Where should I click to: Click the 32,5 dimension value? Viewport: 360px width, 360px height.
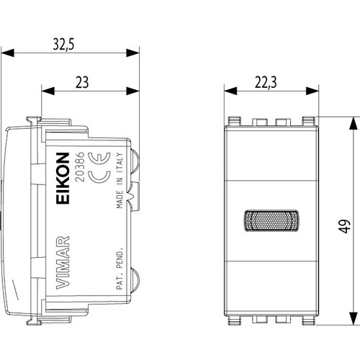pyautogui.click(x=63, y=45)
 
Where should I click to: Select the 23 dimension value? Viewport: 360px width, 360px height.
pyautogui.click(x=82, y=82)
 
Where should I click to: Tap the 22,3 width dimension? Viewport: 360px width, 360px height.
pyautogui.click(x=266, y=82)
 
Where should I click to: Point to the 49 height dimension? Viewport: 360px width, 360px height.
pyautogui.click(x=344, y=226)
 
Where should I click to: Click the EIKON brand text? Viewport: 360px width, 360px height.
pyautogui.click(x=63, y=179)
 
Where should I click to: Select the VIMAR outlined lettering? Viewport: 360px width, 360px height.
pyautogui.click(x=63, y=263)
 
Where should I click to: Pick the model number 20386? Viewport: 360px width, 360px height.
pyautogui.click(x=80, y=166)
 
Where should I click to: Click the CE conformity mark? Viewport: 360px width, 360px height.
pyautogui.click(x=99, y=168)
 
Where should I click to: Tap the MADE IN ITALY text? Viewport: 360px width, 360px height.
pyautogui.click(x=120, y=181)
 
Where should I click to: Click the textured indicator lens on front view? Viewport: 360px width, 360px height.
pyautogui.click(x=271, y=220)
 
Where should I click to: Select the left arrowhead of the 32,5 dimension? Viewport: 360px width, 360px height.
pyautogui.click(x=7, y=53)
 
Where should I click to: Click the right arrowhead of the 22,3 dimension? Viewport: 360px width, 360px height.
pyautogui.click(x=312, y=91)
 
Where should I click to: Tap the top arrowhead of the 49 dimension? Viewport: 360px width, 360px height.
pyautogui.click(x=353, y=123)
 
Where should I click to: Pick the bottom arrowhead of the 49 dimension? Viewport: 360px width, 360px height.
pyautogui.click(x=353, y=319)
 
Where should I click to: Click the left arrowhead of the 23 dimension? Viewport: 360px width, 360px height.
pyautogui.click(x=48, y=91)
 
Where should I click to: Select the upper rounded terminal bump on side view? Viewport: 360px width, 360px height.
pyautogui.click(x=135, y=162)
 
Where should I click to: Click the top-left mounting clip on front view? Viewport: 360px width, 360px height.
pyautogui.click(x=234, y=121)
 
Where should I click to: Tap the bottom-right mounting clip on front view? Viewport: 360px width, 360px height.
pyautogui.click(x=308, y=320)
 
